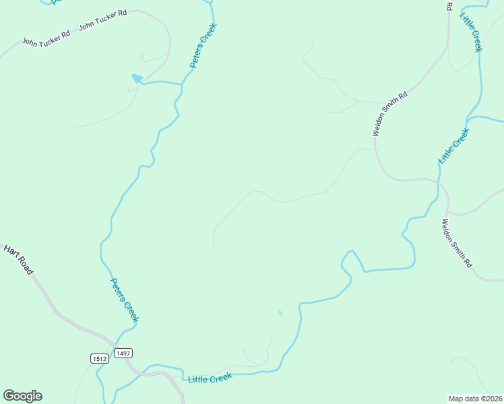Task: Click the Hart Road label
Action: point(18,259)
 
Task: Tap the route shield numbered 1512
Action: point(99,358)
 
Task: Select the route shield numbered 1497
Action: point(123,353)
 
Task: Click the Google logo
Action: point(22,396)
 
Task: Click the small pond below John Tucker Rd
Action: point(137,79)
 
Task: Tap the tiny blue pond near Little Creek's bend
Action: point(280,312)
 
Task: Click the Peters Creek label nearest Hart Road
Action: point(124,300)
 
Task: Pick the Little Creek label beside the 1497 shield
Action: point(210,378)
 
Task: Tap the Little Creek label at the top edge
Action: point(471,32)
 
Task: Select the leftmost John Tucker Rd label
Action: point(46,40)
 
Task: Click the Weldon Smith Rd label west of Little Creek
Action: point(391,114)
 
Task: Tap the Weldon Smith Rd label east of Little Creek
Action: point(457,243)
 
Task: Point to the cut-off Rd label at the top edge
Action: point(449,6)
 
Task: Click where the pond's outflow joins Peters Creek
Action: point(182,84)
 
